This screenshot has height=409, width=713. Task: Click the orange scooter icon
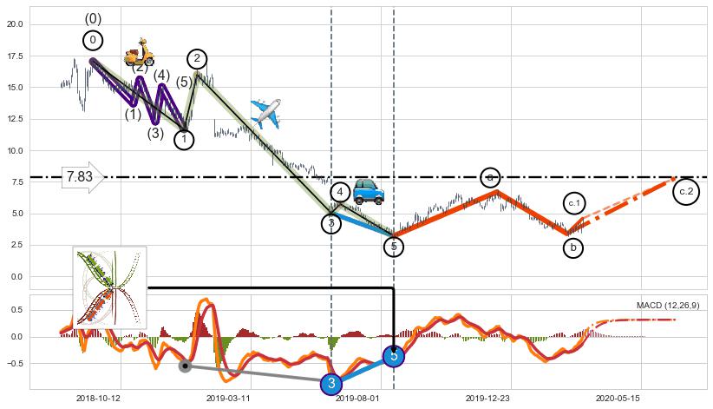pyautogui.click(x=139, y=53)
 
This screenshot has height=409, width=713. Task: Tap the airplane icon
pyautogui.click(x=265, y=113)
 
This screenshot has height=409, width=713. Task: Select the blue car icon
pyautogui.click(x=369, y=191)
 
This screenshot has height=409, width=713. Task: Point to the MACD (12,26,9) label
pyautogui.click(x=668, y=306)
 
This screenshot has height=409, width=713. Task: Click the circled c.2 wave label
pyautogui.click(x=686, y=191)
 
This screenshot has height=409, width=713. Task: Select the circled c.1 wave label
pyautogui.click(x=574, y=203)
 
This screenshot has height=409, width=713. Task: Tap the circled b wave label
pyautogui.click(x=572, y=247)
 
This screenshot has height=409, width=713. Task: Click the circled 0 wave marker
pyautogui.click(x=93, y=40)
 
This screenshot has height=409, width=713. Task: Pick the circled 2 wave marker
pyautogui.click(x=197, y=59)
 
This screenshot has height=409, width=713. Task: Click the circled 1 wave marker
pyautogui.click(x=184, y=139)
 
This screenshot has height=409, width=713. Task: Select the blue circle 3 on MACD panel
pyautogui.click(x=330, y=384)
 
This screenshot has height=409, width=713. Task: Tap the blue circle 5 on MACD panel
pyautogui.click(x=394, y=356)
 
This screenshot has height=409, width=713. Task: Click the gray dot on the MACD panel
pyautogui.click(x=185, y=366)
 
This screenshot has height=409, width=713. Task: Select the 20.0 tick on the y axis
pyautogui.click(x=16, y=24)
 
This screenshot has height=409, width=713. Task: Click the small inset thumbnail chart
pyautogui.click(x=109, y=287)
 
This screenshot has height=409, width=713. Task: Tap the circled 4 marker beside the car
pyautogui.click(x=340, y=192)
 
